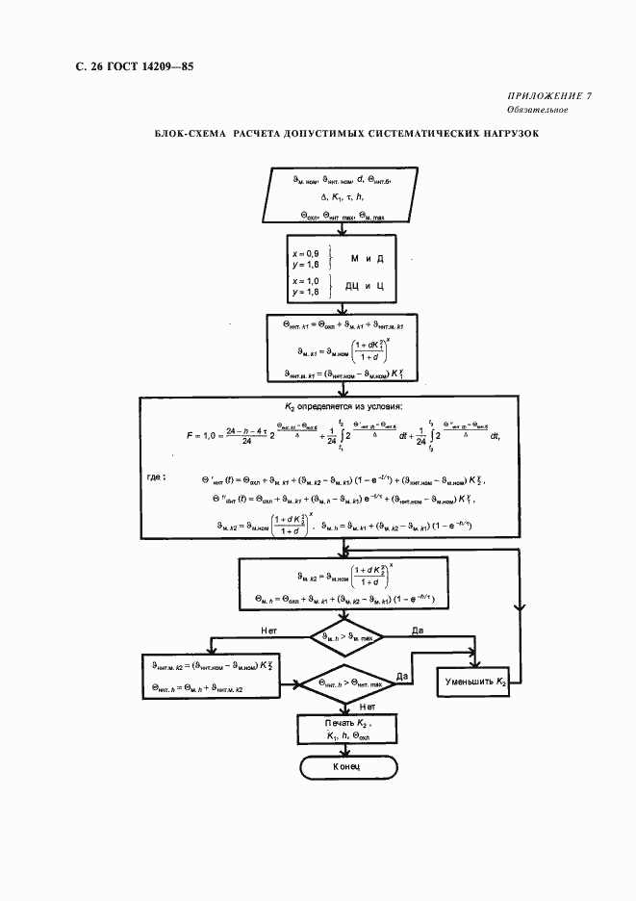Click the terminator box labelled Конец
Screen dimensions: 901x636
tap(346, 767)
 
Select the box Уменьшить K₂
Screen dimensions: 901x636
tap(475, 682)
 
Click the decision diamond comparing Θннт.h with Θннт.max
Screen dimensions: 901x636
tap(346, 682)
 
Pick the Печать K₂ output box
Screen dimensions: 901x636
tap(346, 728)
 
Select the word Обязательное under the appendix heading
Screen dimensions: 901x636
tap(535, 111)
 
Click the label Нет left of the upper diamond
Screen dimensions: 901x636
tap(270, 630)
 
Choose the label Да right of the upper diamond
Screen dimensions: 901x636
tap(418, 630)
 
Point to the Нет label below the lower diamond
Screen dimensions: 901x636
tap(367, 706)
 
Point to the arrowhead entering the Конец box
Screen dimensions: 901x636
tap(346, 753)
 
